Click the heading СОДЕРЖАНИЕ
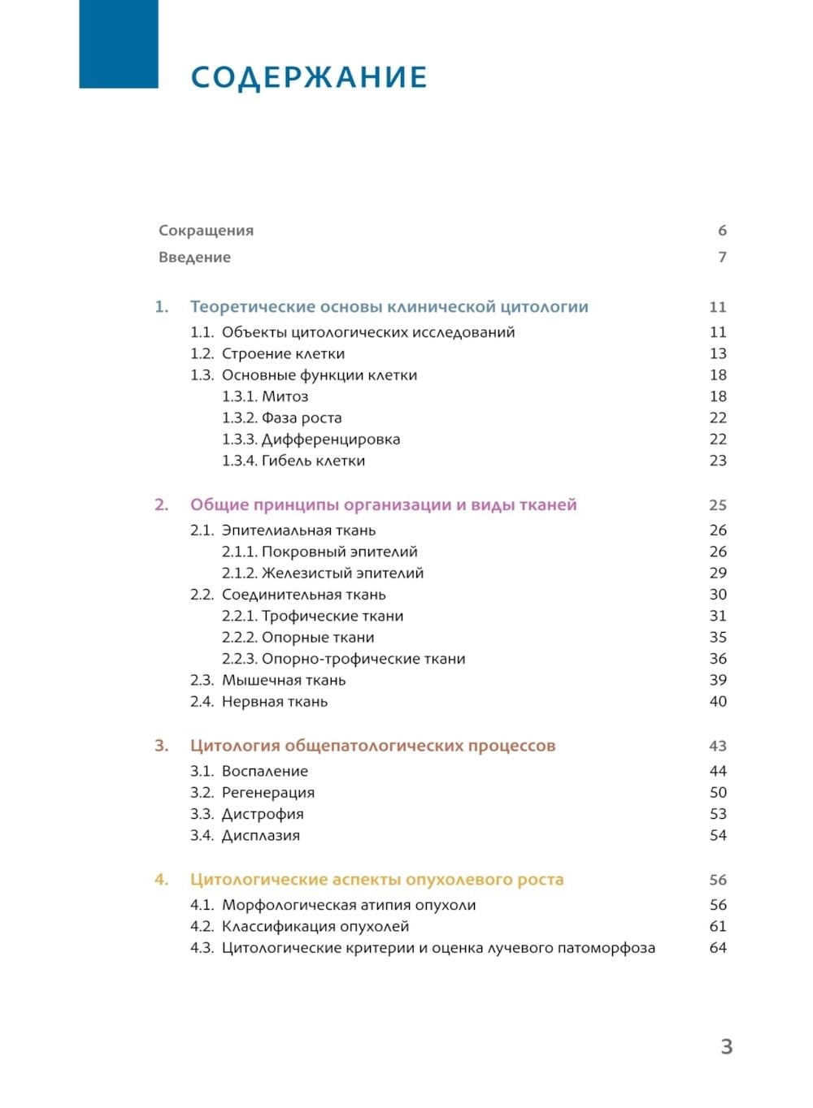[x=309, y=77]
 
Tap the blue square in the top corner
[x=119, y=43]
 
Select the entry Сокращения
[x=206, y=231]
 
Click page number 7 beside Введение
[x=722, y=258]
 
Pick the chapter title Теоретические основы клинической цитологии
[x=389, y=307]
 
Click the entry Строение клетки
[x=283, y=354]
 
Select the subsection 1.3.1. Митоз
[x=265, y=396]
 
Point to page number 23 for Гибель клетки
[x=718, y=461]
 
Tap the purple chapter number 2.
[x=161, y=505]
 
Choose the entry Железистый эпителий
[x=323, y=573]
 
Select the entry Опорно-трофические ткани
[x=343, y=659]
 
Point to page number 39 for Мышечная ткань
[x=718, y=680]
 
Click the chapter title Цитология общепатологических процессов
[x=372, y=746]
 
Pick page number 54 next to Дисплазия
[x=718, y=835]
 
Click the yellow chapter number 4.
[x=161, y=880]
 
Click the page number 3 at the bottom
[x=727, y=1046]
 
